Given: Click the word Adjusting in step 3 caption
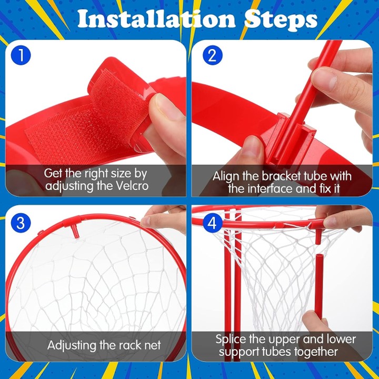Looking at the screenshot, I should point(74,345).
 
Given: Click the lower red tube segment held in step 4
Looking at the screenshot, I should point(320,284).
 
